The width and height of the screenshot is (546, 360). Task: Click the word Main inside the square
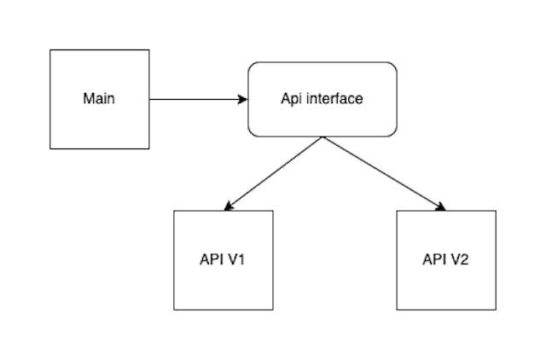[x=99, y=98]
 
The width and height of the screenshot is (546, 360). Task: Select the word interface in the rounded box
[x=334, y=98]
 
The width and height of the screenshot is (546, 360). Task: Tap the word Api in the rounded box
[x=292, y=98]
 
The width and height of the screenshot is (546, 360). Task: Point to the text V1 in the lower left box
[x=236, y=259]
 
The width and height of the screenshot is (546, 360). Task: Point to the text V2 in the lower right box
[x=459, y=259]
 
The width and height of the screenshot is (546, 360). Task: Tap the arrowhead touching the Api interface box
[x=243, y=99]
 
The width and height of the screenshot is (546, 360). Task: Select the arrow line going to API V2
[x=384, y=172]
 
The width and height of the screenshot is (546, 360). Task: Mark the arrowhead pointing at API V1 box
[x=227, y=206]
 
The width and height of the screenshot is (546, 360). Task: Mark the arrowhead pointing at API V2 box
[x=442, y=206]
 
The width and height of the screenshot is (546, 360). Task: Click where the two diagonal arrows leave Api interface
[x=322, y=136]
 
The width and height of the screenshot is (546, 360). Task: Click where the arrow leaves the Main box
[x=150, y=99]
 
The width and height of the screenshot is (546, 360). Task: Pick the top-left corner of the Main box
[x=50, y=49]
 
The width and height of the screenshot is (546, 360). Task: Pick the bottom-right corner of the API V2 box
[x=496, y=309]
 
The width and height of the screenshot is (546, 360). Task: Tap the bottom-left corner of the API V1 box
[x=174, y=309]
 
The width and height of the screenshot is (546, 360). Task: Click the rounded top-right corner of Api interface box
[x=393, y=66]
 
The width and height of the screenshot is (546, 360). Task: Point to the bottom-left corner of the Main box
[x=50, y=148]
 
